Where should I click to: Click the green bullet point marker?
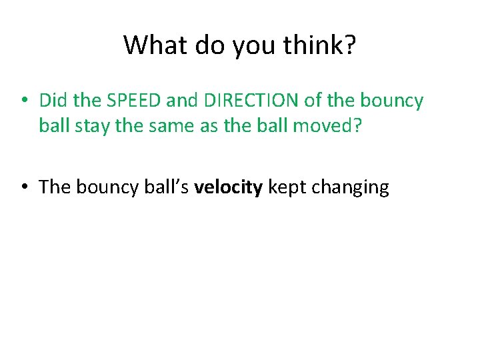pyautogui.click(x=23, y=101)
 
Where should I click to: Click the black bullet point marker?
pyautogui.click(x=23, y=187)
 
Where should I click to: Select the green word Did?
pyautogui.click(x=53, y=101)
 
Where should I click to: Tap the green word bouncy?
pyautogui.click(x=391, y=101)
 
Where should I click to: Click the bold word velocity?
pyautogui.click(x=229, y=187)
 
